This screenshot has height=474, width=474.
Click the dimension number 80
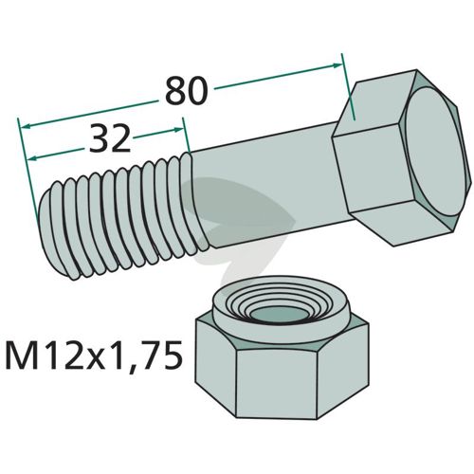pos(187,91)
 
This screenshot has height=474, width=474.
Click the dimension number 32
pos(110,138)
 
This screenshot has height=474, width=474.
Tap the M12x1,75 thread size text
pos(94,355)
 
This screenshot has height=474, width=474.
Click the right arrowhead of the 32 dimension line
pos(178,130)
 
